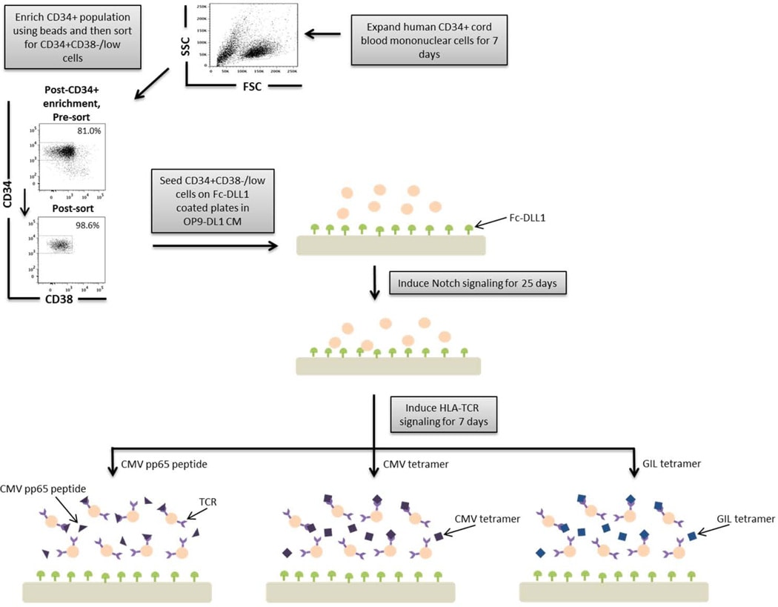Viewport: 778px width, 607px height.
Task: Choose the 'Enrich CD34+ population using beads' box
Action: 72,36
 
